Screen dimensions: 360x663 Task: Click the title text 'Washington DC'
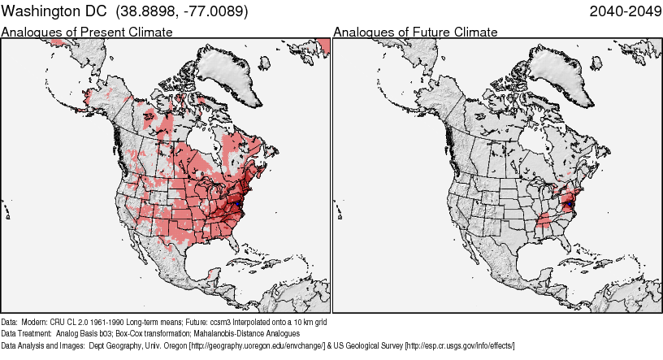tap(54, 12)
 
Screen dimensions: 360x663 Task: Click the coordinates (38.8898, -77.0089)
tap(182, 12)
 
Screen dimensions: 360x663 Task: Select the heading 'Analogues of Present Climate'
tap(87, 32)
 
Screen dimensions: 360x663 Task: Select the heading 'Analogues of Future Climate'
tap(415, 32)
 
